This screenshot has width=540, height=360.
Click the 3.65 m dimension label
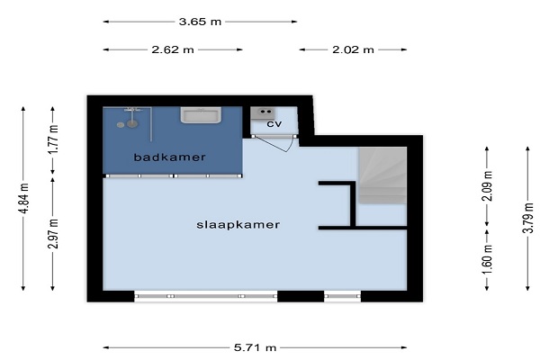point(200,22)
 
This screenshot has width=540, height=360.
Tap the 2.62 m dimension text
point(173,49)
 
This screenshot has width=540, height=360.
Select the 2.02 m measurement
point(353,49)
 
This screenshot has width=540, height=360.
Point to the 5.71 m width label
point(256,347)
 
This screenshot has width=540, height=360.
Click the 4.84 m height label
point(23,198)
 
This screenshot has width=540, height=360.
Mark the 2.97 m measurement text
point(53,234)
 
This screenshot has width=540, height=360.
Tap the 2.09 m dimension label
point(487,185)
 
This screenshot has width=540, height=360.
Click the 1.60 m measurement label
point(487,258)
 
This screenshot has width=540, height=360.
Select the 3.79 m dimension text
point(528,218)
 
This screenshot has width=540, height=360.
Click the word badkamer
point(169,157)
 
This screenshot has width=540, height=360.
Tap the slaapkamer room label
point(238,225)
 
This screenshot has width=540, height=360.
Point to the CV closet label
point(274,124)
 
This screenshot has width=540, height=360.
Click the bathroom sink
point(201,115)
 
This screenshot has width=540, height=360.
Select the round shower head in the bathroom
point(132,123)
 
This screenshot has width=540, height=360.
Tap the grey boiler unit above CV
point(263,113)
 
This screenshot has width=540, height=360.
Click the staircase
point(382,175)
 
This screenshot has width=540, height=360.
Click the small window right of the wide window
point(343,296)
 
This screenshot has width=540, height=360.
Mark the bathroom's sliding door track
point(173,176)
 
